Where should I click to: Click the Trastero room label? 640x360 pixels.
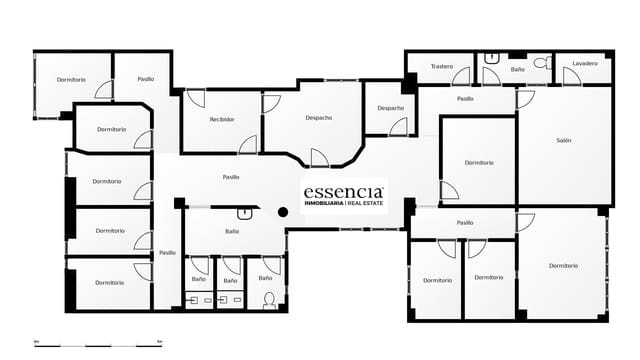(442, 67)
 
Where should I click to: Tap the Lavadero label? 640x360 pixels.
(585, 64)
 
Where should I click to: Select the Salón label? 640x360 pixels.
(564, 141)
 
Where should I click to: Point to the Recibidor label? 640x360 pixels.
(222, 119)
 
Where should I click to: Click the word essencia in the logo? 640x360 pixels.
(343, 190)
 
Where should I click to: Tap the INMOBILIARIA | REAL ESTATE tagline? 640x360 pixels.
(344, 203)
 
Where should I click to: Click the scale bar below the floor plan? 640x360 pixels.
(98, 343)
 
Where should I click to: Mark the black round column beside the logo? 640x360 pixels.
(283, 212)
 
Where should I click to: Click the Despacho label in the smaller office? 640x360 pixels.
(391, 108)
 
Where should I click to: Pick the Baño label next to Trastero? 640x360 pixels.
(517, 70)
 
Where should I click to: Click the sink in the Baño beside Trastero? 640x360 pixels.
(491, 58)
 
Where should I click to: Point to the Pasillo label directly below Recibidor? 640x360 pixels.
(231, 177)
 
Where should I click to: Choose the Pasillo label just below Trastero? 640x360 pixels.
(465, 99)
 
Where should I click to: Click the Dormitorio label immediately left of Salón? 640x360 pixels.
(479, 162)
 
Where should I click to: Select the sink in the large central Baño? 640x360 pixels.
(245, 212)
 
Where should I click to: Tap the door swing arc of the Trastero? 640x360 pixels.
(461, 77)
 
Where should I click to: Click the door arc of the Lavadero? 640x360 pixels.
(571, 77)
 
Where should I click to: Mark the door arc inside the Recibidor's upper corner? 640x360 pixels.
(195, 98)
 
